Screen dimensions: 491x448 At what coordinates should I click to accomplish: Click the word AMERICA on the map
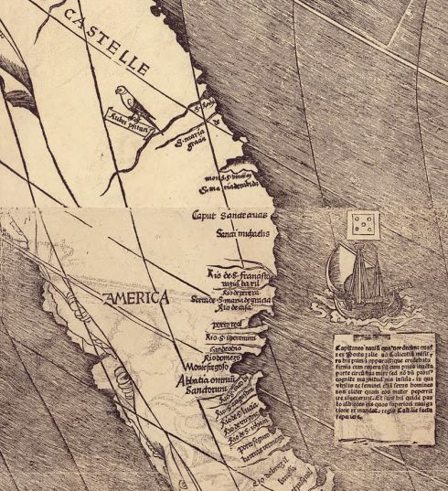136,298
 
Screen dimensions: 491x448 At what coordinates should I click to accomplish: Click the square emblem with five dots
364,223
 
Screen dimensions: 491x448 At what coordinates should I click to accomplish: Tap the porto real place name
228,324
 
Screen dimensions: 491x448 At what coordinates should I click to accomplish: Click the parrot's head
123,91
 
